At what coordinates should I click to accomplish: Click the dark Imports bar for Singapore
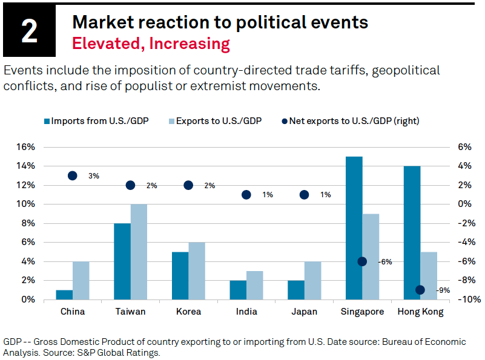click(354, 227)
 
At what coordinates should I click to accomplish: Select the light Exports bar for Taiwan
click(139, 252)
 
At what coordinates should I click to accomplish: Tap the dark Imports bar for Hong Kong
click(412, 232)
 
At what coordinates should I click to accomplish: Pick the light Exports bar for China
click(81, 280)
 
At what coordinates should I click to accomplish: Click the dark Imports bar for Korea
click(180, 275)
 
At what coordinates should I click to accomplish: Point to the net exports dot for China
click(73, 175)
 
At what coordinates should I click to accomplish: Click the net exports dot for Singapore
click(362, 261)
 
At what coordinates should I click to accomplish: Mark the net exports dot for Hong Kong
click(420, 290)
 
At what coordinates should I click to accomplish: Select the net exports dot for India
click(246, 195)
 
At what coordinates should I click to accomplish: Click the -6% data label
click(385, 262)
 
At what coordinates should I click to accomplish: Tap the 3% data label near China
click(93, 176)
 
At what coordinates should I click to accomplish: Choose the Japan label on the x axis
click(305, 312)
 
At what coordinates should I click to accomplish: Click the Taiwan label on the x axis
click(130, 312)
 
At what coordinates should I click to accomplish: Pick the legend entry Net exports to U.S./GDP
click(351, 120)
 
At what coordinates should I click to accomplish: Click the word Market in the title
click(101, 22)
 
